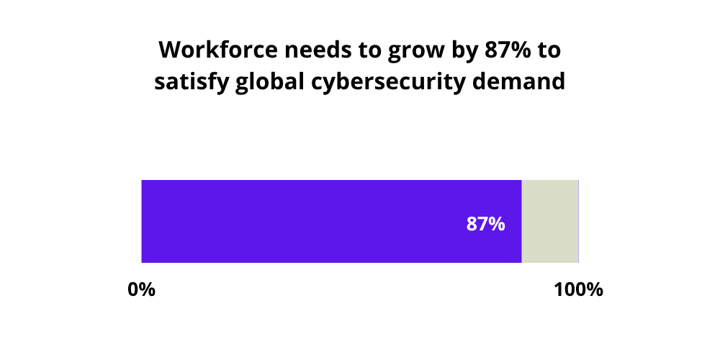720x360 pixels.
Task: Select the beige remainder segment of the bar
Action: pos(550,221)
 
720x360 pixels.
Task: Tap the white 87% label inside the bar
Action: pos(485,224)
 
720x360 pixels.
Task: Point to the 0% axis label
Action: pos(142,290)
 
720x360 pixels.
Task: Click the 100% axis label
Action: pos(578,290)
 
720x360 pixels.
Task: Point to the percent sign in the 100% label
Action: pos(593,290)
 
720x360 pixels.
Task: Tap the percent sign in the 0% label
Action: pos(148,290)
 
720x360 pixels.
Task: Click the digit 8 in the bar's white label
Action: pos(472,224)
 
